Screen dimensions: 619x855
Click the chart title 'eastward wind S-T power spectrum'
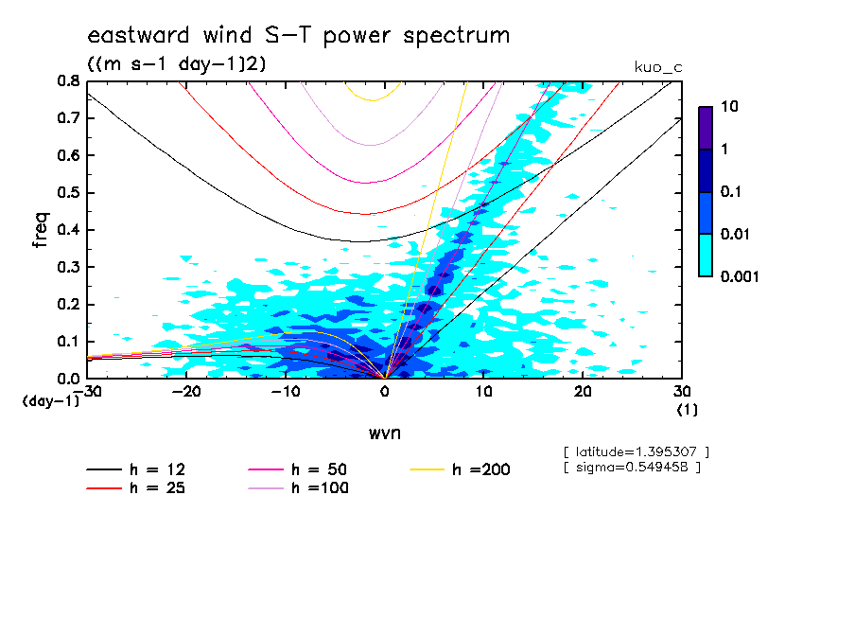(298, 36)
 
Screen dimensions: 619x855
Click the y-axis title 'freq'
(41, 229)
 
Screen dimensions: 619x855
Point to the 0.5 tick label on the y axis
(68, 193)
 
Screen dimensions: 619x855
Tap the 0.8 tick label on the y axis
(68, 81)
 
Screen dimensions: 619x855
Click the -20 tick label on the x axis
(186, 392)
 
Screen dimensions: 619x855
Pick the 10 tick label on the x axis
(484, 392)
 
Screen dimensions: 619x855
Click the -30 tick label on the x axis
(87, 392)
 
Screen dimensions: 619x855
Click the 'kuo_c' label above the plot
(658, 67)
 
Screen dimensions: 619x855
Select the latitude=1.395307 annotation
(636, 451)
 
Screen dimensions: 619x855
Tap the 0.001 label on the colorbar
(741, 277)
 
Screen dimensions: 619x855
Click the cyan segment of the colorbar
(705, 255)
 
